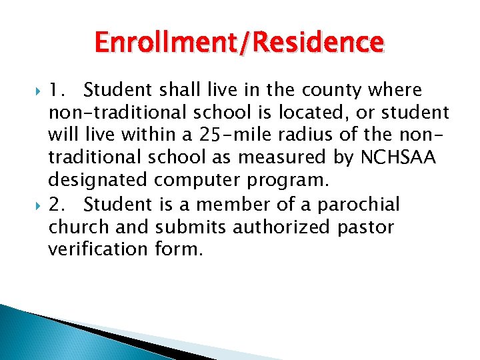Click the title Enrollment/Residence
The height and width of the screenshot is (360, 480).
(239, 43)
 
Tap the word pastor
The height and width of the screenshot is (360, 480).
(365, 227)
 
